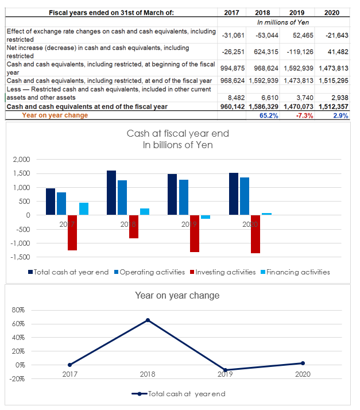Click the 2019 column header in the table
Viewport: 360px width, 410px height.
pyautogui.click(x=297, y=13)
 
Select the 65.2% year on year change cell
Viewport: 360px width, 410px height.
pyautogui.click(x=269, y=115)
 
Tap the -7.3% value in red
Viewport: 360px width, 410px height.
pyautogui.click(x=304, y=115)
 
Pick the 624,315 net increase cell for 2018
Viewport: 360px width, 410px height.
pyautogui.click(x=266, y=52)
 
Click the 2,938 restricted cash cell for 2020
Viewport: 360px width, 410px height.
pyautogui.click(x=340, y=98)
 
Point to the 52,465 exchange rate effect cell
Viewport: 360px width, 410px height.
pyautogui.click(x=303, y=35)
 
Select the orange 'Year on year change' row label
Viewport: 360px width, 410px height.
pyautogui.click(x=55, y=115)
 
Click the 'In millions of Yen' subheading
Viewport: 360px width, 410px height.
pyautogui.click(x=283, y=22)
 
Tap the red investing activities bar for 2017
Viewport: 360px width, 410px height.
pyautogui.click(x=72, y=233)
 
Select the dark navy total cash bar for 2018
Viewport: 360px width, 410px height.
pyautogui.click(x=111, y=193)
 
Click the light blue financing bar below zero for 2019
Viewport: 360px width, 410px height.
pyautogui.click(x=206, y=217)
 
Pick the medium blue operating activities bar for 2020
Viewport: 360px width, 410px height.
pyautogui.click(x=245, y=196)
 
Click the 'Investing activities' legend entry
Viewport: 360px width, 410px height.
pyautogui.click(x=223, y=272)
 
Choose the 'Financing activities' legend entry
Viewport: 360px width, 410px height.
pyautogui.click(x=295, y=272)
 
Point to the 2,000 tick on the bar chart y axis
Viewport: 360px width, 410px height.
pyautogui.click(x=21, y=160)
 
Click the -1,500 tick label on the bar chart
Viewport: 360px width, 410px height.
pyautogui.click(x=21, y=257)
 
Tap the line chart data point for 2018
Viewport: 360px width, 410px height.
pyautogui.click(x=148, y=320)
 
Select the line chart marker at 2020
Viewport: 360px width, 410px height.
pyautogui.click(x=303, y=363)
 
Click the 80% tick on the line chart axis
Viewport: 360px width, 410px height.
pyautogui.click(x=18, y=310)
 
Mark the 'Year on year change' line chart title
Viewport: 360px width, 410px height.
pyautogui.click(x=177, y=296)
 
